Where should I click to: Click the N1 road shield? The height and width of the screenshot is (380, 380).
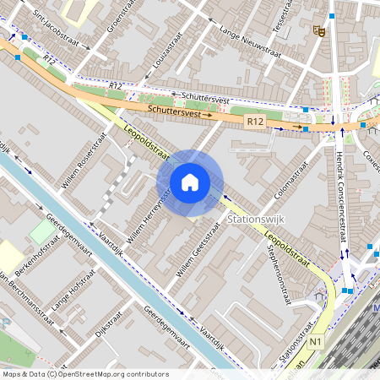click(317, 342)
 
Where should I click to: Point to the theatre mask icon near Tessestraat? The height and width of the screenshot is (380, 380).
click(318, 31)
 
